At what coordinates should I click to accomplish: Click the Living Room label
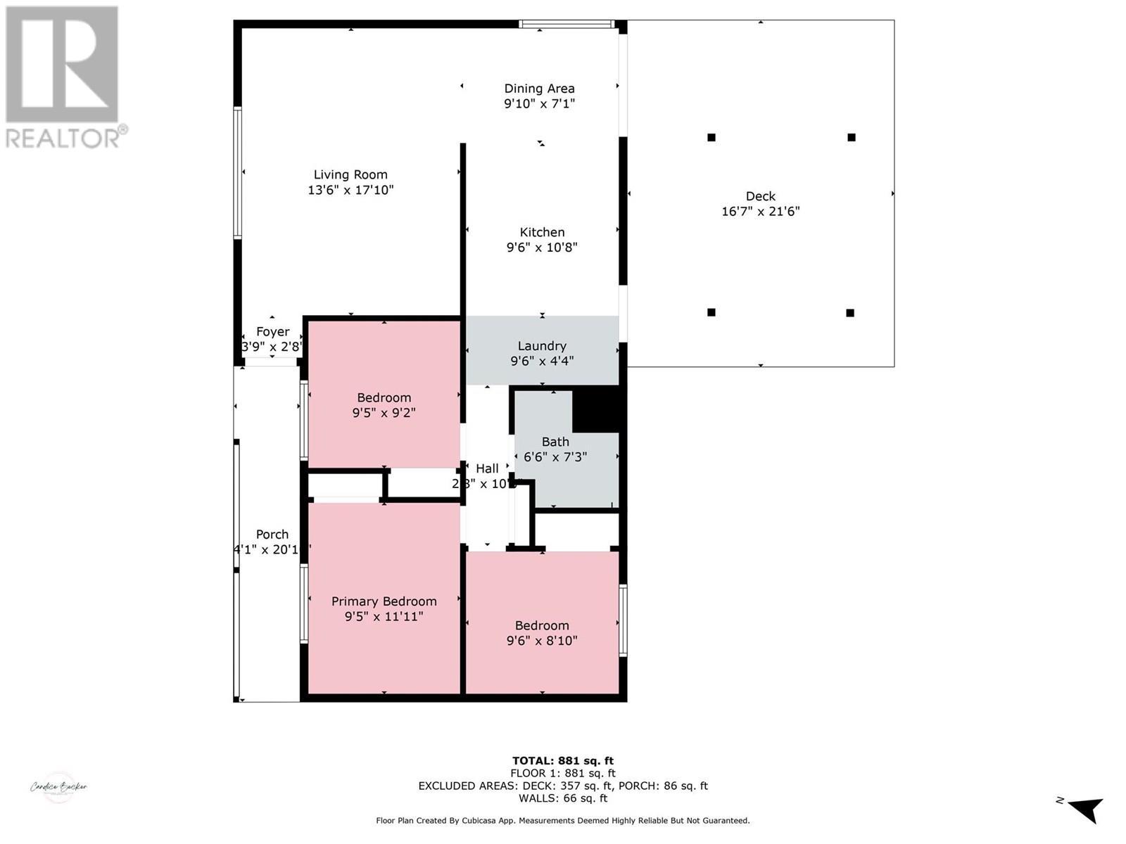pyautogui.click(x=350, y=174)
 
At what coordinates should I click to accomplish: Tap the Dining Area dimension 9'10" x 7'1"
pyautogui.click(x=539, y=104)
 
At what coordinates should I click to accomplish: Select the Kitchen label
pyautogui.click(x=542, y=232)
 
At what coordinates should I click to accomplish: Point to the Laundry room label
pyautogui.click(x=542, y=345)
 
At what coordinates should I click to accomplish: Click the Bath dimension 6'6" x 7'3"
pyautogui.click(x=555, y=457)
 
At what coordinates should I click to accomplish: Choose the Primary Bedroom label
pyautogui.click(x=384, y=601)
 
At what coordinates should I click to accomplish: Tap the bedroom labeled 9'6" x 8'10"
pyautogui.click(x=542, y=632)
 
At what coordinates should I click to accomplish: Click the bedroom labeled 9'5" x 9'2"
pyautogui.click(x=384, y=404)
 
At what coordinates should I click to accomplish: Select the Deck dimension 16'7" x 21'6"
pyautogui.click(x=760, y=211)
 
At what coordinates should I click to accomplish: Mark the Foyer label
pyautogui.click(x=272, y=331)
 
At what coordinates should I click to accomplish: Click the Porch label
pyautogui.click(x=272, y=535)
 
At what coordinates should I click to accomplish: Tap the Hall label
pyautogui.click(x=487, y=468)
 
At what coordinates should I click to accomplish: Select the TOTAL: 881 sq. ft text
pyautogui.click(x=562, y=760)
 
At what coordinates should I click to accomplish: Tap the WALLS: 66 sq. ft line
pyautogui.click(x=562, y=798)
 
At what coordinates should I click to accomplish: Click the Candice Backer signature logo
pyautogui.click(x=59, y=787)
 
